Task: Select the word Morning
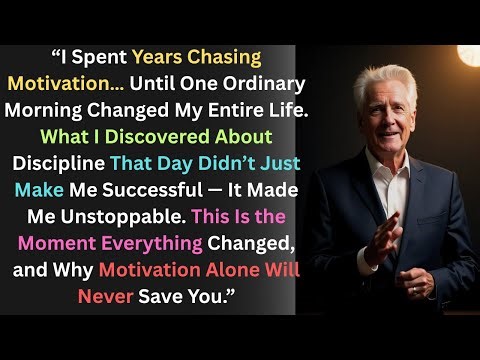65,110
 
